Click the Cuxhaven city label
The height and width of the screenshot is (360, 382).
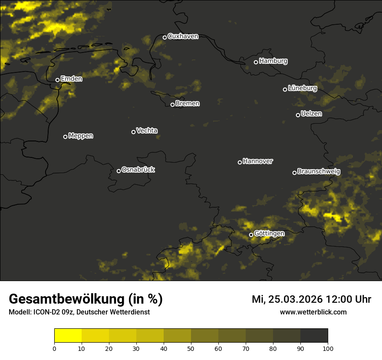183,36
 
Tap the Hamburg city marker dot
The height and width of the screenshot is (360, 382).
256,62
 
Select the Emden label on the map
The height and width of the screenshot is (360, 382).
71,79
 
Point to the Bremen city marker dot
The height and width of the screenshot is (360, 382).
172,105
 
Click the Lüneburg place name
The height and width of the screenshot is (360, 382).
302,88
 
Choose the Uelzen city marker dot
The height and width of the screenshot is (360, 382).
298,115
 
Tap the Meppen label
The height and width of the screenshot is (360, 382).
81,136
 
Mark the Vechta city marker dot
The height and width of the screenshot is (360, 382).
133,132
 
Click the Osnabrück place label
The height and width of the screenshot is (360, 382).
138,170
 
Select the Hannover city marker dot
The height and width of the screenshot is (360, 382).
240,162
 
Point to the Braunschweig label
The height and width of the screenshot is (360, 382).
319,172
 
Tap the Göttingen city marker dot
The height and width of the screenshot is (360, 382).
251,235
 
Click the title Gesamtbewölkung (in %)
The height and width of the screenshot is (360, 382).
86,299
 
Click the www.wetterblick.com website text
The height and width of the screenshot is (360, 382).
313,312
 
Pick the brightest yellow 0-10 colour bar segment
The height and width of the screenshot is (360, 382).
68,336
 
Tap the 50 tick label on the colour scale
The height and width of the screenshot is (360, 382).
191,348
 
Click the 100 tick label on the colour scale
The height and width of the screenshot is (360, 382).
328,348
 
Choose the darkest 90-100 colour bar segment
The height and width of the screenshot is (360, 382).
314,336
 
